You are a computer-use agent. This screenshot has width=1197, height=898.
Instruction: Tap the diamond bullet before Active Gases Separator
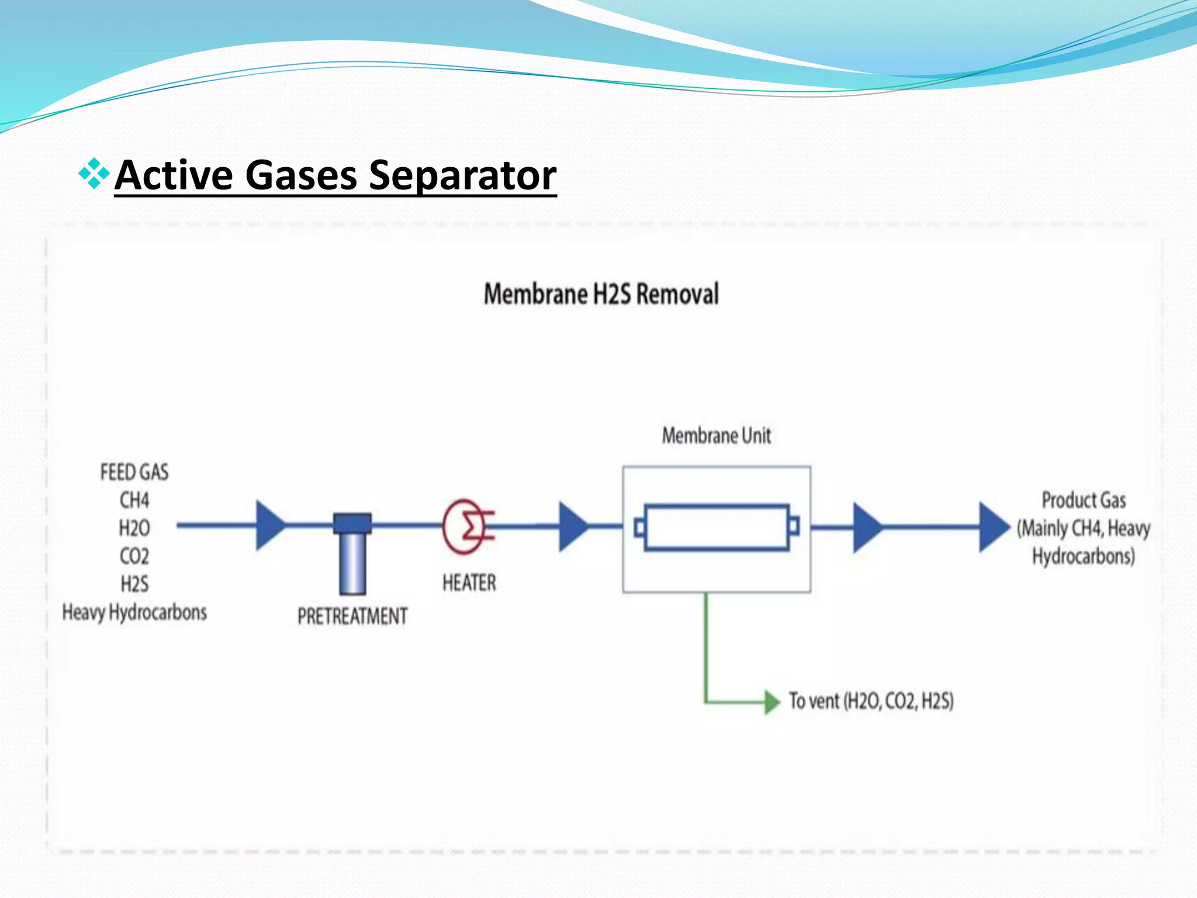point(94,174)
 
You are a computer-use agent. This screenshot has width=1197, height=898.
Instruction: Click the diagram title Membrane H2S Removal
point(601,294)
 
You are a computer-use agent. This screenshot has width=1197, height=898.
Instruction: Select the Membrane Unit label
point(716,436)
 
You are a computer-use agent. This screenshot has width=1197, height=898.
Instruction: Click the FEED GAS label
point(134,472)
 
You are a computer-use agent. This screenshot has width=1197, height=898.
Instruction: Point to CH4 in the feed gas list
point(134,500)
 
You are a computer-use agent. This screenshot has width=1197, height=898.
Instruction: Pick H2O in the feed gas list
point(134,529)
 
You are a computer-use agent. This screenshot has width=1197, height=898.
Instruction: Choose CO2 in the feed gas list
point(134,556)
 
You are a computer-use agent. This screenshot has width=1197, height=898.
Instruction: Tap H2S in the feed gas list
point(134,584)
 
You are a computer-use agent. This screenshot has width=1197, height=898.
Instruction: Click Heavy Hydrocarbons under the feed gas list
point(134,612)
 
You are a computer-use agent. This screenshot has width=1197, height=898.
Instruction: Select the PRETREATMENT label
point(352,616)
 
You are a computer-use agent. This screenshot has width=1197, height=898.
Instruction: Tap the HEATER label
point(469,583)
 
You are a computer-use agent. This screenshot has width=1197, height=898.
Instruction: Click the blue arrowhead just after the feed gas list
point(269,525)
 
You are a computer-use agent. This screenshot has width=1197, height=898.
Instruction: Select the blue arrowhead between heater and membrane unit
point(572,526)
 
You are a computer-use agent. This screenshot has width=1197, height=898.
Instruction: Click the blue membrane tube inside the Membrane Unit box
point(717,527)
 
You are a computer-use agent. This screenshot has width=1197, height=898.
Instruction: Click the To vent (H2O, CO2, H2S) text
point(871,701)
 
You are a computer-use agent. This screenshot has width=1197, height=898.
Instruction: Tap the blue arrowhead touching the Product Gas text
point(992,527)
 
